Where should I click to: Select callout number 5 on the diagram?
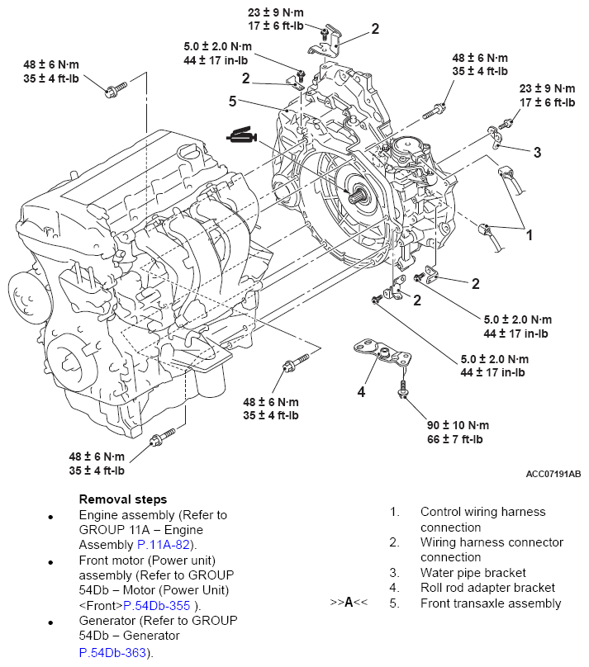pyautogui.click(x=233, y=102)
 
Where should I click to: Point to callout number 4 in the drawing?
pyautogui.click(x=361, y=391)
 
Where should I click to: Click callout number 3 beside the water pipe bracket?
pyautogui.click(x=537, y=152)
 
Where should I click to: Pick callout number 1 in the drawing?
pyautogui.click(x=530, y=234)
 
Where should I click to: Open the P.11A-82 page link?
pyautogui.click(x=164, y=544)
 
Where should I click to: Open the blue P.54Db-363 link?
pyautogui.click(x=112, y=652)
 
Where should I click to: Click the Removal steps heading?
pyautogui.click(x=122, y=499)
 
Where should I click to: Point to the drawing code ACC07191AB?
pyautogui.click(x=553, y=474)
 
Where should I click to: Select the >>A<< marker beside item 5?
pyautogui.click(x=348, y=603)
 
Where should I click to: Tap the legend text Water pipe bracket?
pyautogui.click(x=473, y=573)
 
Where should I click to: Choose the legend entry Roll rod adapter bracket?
pyautogui.click(x=487, y=588)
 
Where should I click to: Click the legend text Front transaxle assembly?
pyautogui.click(x=490, y=603)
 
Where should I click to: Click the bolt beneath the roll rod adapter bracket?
pyautogui.click(x=404, y=387)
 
